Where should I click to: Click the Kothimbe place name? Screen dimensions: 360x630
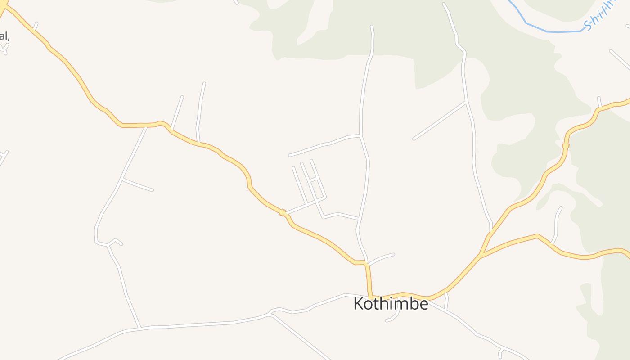coord(391,304)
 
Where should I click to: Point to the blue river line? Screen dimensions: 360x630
coord(553,31)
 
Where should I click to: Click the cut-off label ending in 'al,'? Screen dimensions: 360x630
coord(4,36)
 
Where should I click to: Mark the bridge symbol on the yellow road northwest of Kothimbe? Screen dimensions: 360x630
coord(283,212)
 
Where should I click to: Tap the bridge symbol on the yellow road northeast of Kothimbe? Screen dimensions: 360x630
coord(566,145)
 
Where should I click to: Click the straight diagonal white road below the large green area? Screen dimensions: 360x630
coord(439,121)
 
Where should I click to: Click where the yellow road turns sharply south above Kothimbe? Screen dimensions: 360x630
coord(366,262)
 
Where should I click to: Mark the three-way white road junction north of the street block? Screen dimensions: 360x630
coord(360,135)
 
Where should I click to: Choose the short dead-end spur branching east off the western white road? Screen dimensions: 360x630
coord(138,184)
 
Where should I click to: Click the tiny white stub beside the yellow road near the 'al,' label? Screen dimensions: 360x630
coord(35,26)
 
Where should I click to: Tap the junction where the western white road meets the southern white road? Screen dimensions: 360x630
coord(139,327)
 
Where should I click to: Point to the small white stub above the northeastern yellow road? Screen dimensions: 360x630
coord(599,102)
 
